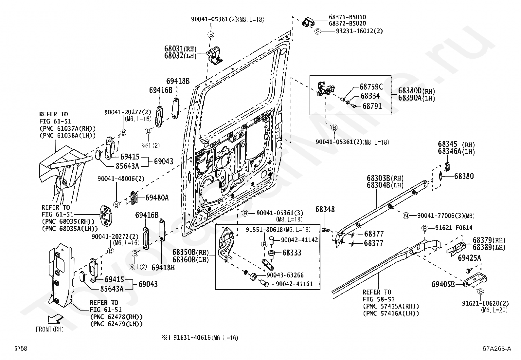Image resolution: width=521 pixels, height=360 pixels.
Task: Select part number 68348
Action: pos(325,209)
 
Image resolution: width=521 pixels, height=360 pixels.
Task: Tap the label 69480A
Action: pos(157,198)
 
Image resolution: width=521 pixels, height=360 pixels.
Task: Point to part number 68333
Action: pos(292,253)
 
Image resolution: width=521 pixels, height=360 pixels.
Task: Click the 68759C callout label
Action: pos(371,87)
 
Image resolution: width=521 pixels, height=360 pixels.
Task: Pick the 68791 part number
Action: pos(372,106)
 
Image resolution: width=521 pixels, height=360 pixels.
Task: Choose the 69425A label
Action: pos(469,258)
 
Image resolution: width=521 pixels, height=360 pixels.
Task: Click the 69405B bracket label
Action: pos(443,284)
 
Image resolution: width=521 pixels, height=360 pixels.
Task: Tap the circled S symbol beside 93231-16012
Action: pos(317,31)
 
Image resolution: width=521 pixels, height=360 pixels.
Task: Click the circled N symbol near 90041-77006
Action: pos(406,216)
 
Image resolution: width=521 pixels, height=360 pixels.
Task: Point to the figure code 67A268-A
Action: pos(496,349)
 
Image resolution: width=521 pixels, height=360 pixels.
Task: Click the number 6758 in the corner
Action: pos(20,349)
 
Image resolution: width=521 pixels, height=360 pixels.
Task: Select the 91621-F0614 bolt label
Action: pos(454,228)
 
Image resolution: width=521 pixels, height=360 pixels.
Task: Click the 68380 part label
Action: pos(464,176)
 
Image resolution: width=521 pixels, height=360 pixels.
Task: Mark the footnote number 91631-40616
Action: pos(192,338)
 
